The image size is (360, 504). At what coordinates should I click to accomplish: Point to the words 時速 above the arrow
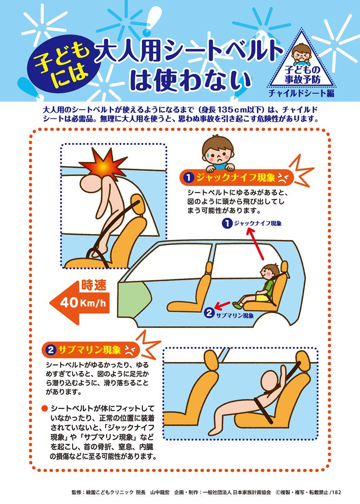pos(93,286)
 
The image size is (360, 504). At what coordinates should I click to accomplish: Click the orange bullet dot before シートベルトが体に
pos(44,408)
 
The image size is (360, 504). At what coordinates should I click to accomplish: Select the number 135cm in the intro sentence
pos(226,110)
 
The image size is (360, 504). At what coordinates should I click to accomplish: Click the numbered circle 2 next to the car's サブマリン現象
pos(209,313)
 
